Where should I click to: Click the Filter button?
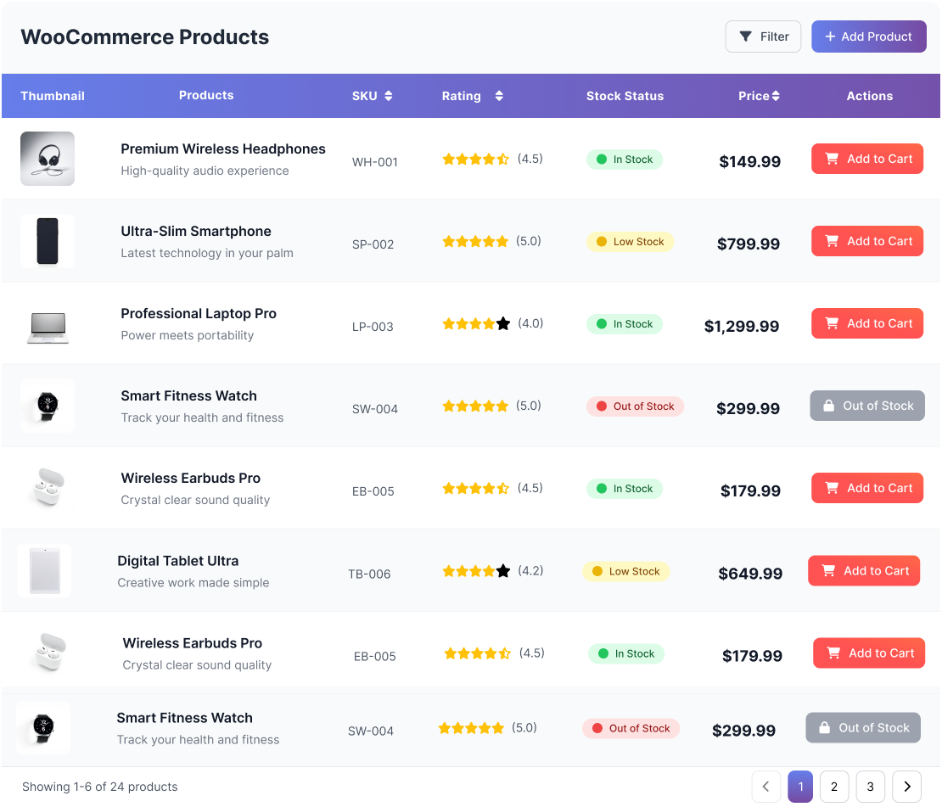click(763, 36)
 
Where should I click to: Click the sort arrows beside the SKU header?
click(389, 96)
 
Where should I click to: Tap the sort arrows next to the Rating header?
click(499, 96)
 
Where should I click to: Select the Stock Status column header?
click(625, 96)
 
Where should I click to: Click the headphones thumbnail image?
click(48, 159)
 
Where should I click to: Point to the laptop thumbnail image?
click(48, 326)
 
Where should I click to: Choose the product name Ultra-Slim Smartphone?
click(196, 231)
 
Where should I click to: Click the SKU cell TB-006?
click(369, 574)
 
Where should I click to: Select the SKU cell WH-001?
click(375, 162)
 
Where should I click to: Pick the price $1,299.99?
click(742, 326)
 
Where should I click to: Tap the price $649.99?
click(750, 574)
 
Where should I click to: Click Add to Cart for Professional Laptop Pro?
click(867, 323)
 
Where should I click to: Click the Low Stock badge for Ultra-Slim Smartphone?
click(631, 242)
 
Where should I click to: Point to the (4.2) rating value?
click(530, 570)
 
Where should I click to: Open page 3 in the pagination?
click(870, 787)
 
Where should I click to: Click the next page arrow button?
click(906, 787)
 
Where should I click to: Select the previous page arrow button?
click(765, 787)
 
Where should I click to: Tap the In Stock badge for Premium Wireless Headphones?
click(625, 160)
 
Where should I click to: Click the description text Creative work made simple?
click(193, 583)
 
